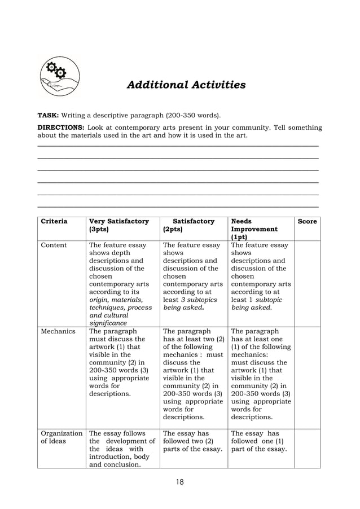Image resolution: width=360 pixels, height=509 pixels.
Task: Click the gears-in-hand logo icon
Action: coord(59,77)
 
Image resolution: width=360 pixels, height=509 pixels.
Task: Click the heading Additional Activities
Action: coord(186,85)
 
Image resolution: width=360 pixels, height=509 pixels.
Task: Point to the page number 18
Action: coord(179,481)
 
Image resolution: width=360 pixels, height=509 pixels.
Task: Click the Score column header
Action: coord(307,222)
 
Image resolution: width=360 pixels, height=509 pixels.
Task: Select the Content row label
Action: coord(54,245)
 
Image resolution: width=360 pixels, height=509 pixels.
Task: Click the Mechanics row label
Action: coord(58,331)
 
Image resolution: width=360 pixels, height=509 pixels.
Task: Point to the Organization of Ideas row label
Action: coord(61,438)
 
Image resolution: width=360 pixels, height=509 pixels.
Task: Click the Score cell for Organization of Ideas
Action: coord(307,448)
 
